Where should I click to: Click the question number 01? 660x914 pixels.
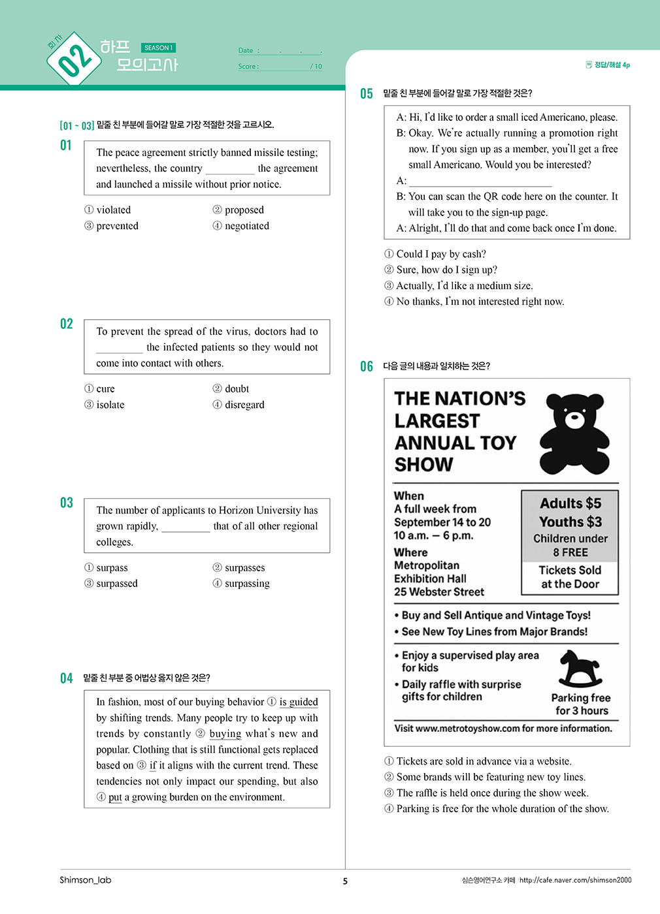tap(66, 145)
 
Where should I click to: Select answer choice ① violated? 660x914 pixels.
tap(108, 210)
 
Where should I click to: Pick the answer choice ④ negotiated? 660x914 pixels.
tap(240, 226)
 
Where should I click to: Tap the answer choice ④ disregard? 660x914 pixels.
tap(239, 405)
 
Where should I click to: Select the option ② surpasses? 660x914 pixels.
tap(239, 568)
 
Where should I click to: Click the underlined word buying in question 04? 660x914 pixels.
tap(225, 734)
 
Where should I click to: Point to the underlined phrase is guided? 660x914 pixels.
tap(299, 702)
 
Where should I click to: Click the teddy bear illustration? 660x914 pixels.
tap(574, 433)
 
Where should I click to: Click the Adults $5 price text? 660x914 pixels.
tap(570, 503)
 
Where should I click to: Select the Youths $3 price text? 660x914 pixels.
tap(570, 522)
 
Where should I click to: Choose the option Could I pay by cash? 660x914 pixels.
tap(435, 254)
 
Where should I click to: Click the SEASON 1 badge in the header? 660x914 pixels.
tap(158, 48)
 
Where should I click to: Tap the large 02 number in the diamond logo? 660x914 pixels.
tap(74, 60)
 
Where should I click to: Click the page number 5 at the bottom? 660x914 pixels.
tap(345, 881)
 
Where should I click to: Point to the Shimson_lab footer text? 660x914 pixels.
tap(86, 880)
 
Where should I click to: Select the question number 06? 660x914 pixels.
tap(367, 366)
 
